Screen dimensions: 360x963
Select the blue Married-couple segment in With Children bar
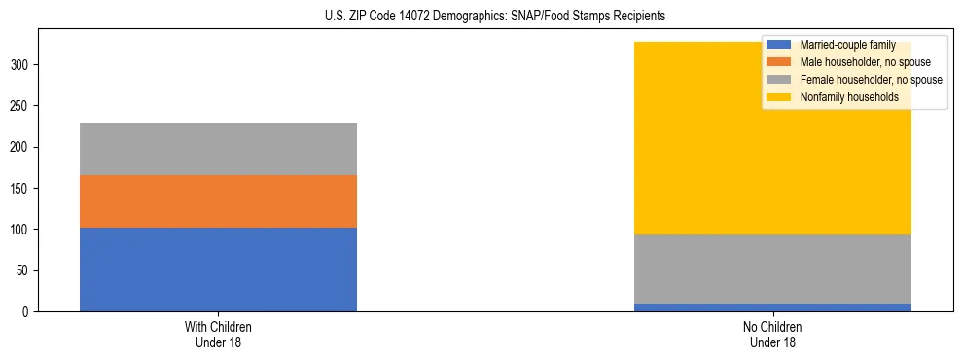218,270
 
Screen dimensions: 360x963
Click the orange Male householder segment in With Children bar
218,201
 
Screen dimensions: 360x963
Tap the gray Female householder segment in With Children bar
218,149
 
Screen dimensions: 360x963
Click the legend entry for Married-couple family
846,45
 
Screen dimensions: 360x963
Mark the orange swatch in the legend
778,62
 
